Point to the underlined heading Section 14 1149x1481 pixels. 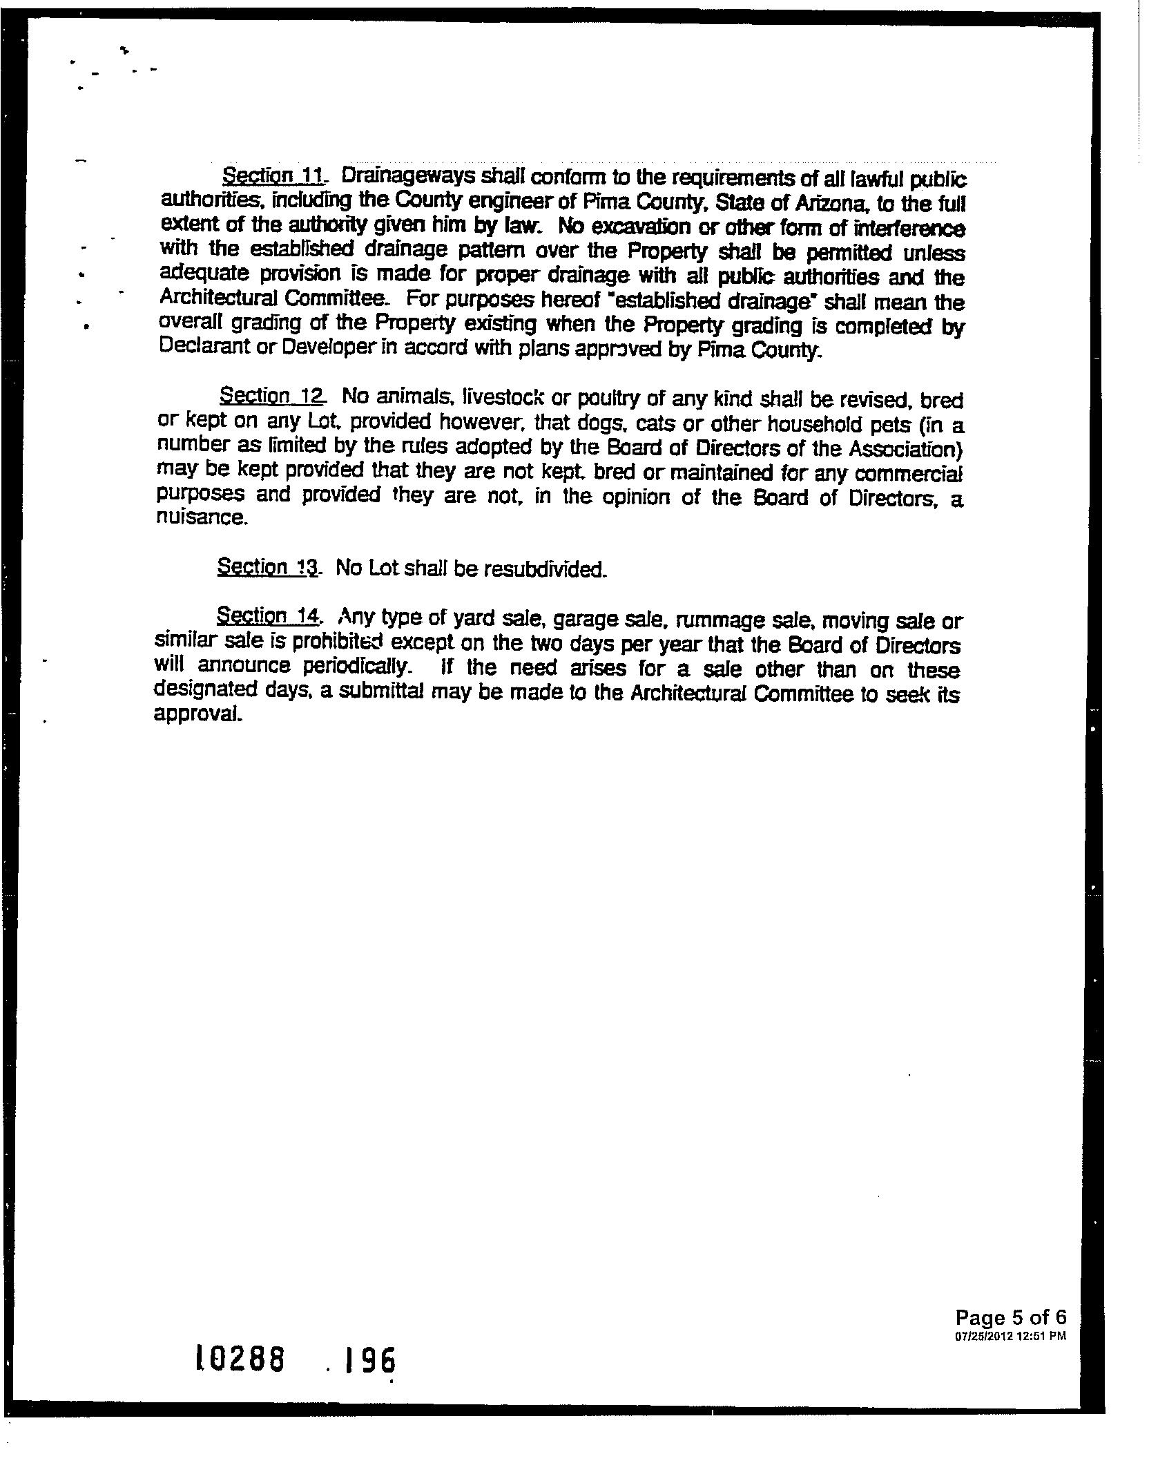tap(269, 615)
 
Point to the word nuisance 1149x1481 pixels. tap(200, 517)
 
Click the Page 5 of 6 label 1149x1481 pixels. tap(1011, 1317)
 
